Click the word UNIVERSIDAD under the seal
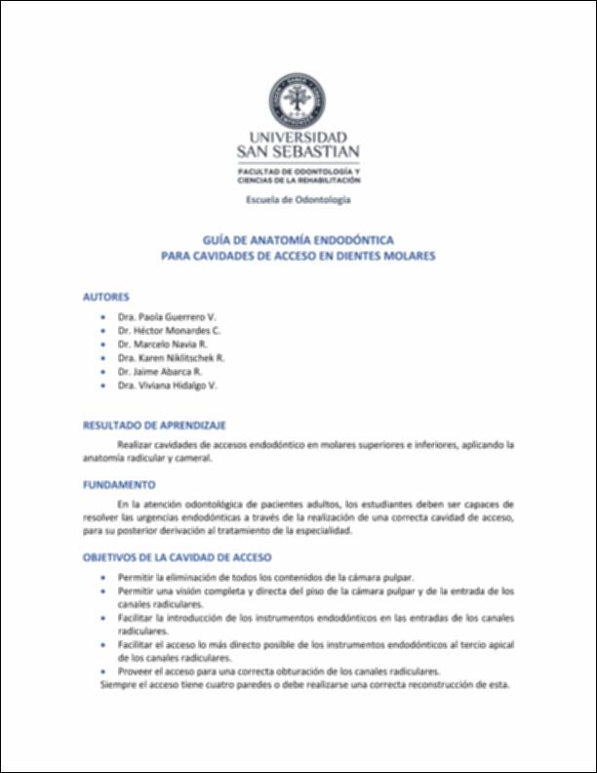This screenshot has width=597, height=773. (x=298, y=138)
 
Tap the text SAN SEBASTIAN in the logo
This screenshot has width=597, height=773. (x=298, y=152)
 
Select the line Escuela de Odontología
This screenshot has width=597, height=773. (x=298, y=200)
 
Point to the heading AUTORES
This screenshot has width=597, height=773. (x=105, y=296)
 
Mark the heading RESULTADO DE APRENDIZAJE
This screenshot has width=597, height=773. (x=154, y=426)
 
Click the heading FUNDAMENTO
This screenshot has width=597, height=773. (x=119, y=484)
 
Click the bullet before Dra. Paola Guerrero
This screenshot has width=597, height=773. (x=105, y=318)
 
